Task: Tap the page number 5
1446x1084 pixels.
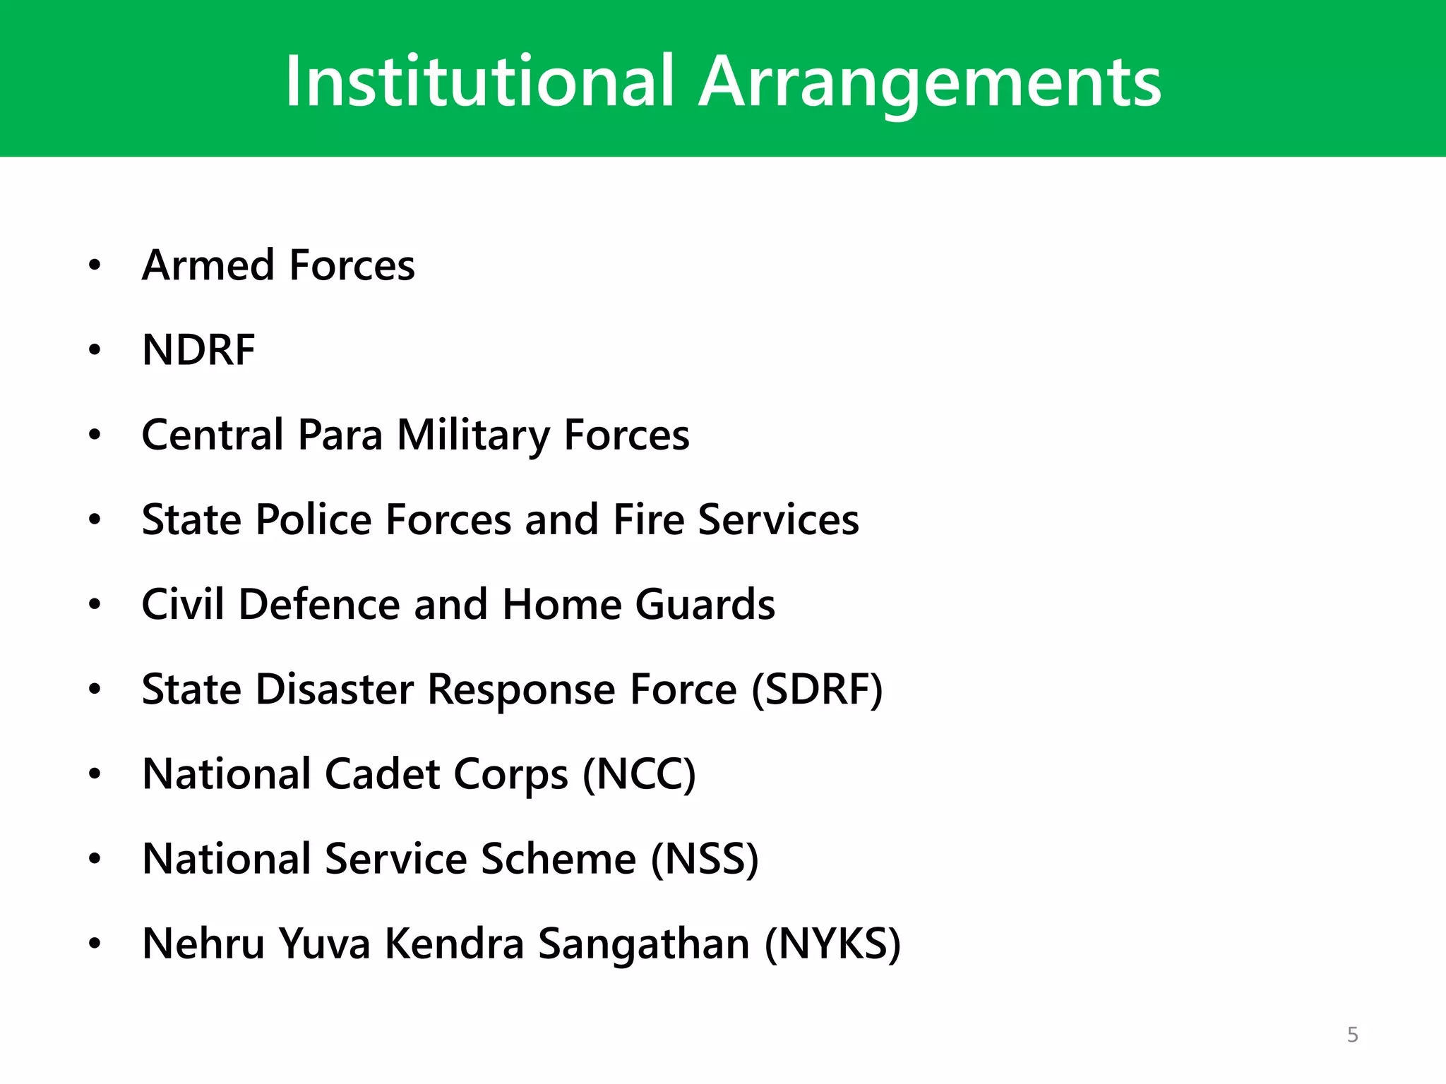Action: pyautogui.click(x=1352, y=1035)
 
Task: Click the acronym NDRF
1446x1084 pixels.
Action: pyautogui.click(x=198, y=350)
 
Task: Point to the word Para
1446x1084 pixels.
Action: pyautogui.click(x=340, y=435)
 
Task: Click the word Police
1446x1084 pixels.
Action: pyautogui.click(x=313, y=519)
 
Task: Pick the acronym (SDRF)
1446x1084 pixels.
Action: pyautogui.click(x=817, y=689)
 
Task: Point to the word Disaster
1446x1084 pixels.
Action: pyautogui.click(x=334, y=689)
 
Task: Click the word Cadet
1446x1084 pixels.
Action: pyautogui.click(x=382, y=773)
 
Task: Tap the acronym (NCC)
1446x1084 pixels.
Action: pyautogui.click(x=639, y=773)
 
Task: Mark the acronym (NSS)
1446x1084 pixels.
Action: pyautogui.click(x=705, y=859)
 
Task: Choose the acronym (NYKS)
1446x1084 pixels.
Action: pyautogui.click(x=833, y=944)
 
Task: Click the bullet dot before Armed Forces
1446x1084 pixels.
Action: pyautogui.click(x=95, y=266)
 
